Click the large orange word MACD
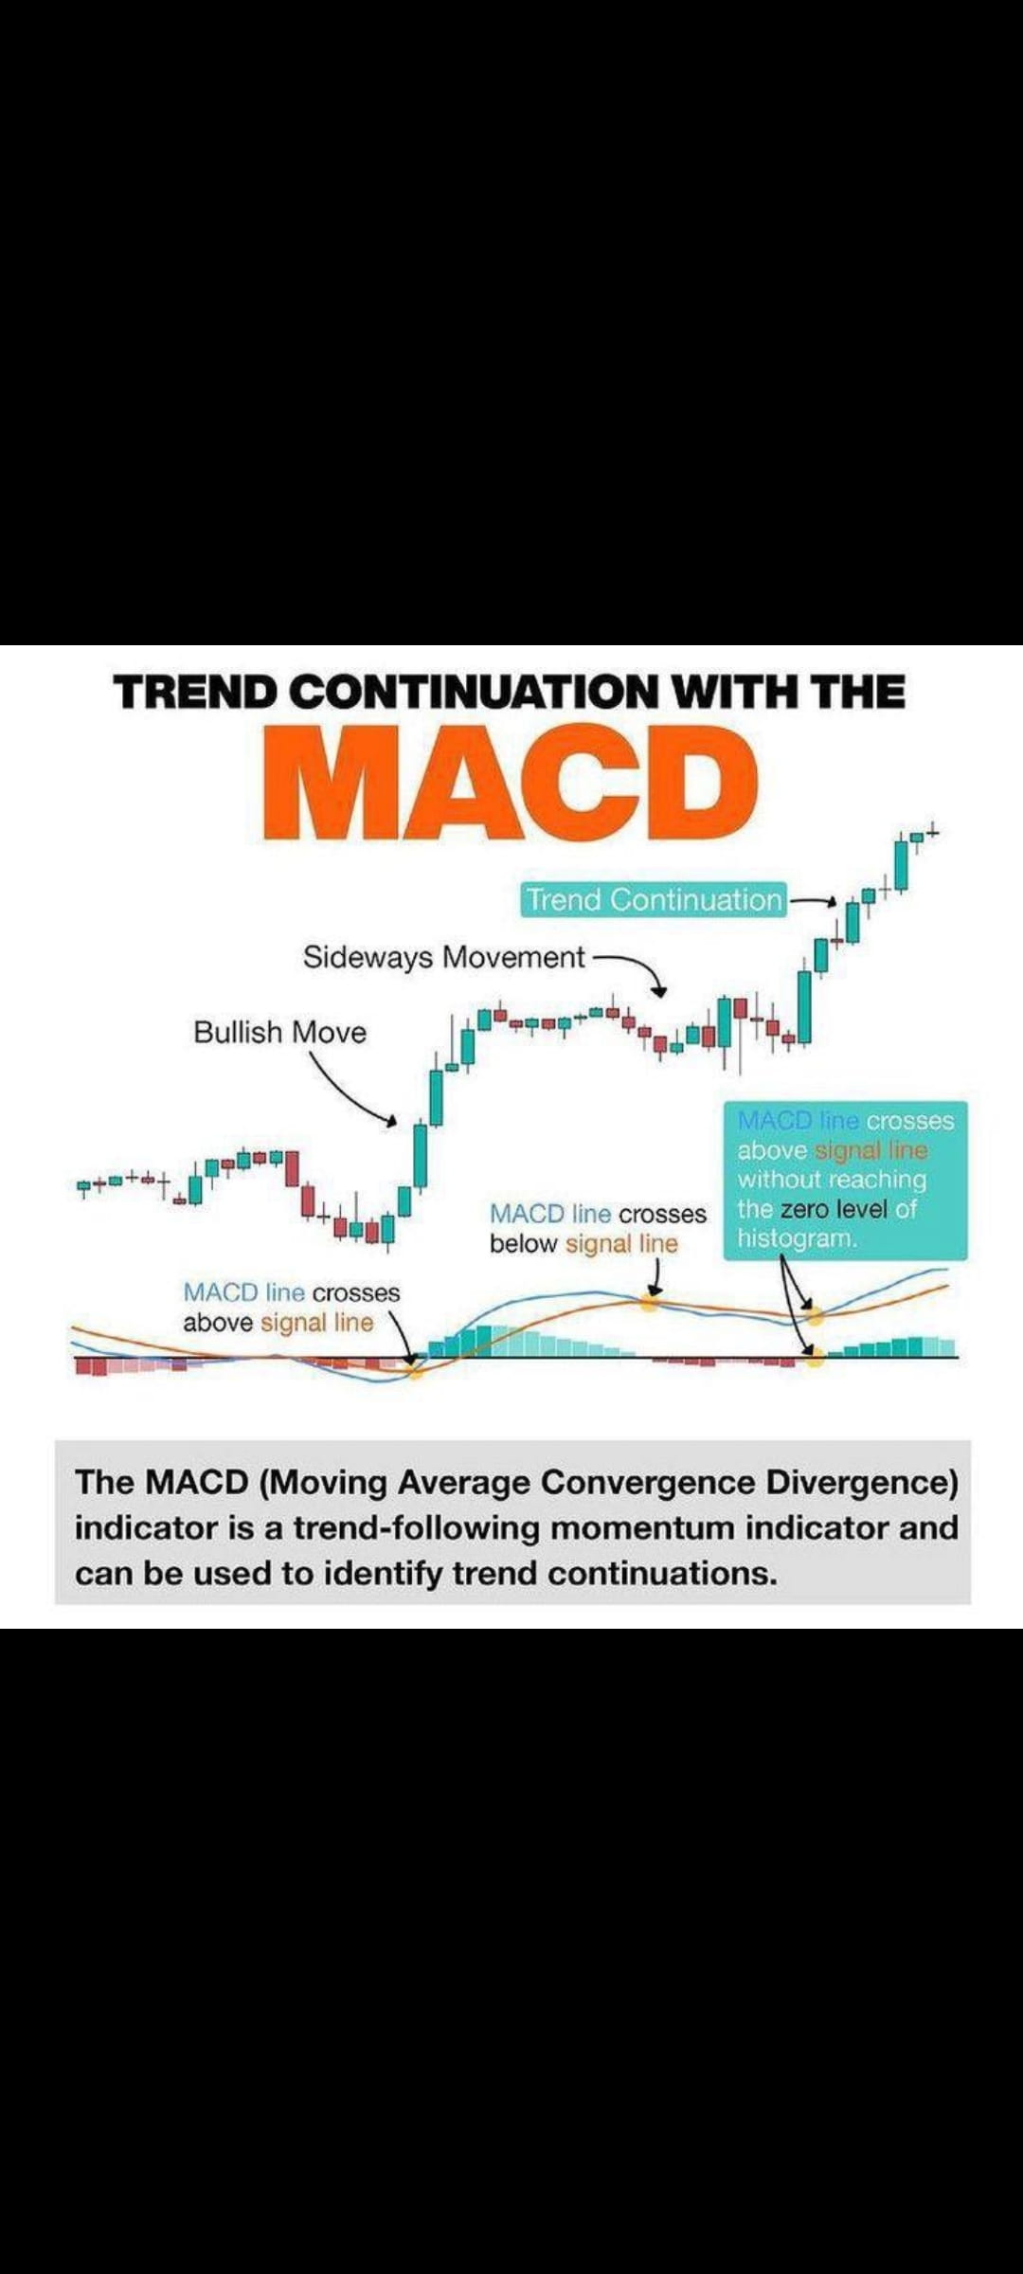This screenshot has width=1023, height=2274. pyautogui.click(x=511, y=783)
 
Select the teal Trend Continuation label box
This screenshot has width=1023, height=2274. pyautogui.click(x=655, y=899)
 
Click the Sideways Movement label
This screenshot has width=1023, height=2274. pyautogui.click(x=444, y=957)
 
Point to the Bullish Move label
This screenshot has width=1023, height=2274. pyautogui.click(x=279, y=1032)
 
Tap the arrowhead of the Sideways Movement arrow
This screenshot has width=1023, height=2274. pyautogui.click(x=659, y=991)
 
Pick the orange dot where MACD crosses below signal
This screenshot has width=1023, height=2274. pyautogui.click(x=650, y=1301)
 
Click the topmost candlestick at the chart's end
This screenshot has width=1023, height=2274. pyautogui.click(x=932, y=833)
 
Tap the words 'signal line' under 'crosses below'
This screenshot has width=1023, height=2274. pyautogui.click(x=621, y=1243)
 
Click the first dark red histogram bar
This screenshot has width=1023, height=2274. pyautogui.click(x=91, y=1366)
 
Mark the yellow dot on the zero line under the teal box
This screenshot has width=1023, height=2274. pyautogui.click(x=815, y=1358)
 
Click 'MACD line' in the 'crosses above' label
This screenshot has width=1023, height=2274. pyautogui.click(x=243, y=1292)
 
